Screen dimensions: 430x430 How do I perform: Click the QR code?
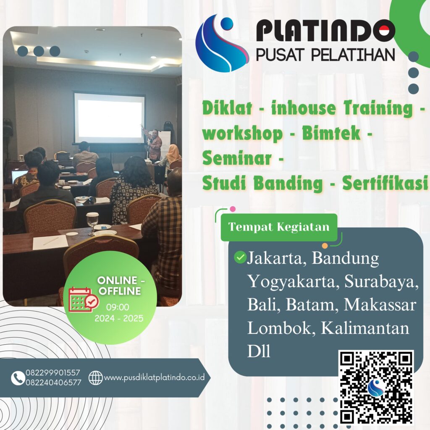coord(376,387)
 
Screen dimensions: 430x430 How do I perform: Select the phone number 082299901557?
coord(53,373)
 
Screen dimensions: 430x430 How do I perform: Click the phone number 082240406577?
coord(53,382)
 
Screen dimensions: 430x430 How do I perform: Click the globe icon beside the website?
coord(96,378)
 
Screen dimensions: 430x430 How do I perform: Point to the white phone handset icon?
coord(18,378)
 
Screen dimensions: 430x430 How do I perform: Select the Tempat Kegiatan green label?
coord(279,227)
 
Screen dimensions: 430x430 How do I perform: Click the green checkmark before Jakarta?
coord(240,257)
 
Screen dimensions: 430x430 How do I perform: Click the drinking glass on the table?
coord(92,221)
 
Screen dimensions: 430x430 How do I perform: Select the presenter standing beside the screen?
coord(155,145)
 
